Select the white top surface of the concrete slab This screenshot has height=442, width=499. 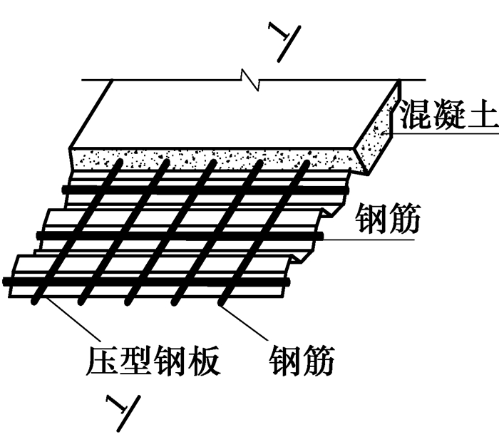pyautogui.click(x=235, y=114)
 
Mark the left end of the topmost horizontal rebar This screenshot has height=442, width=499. pyautogui.click(x=66, y=188)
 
